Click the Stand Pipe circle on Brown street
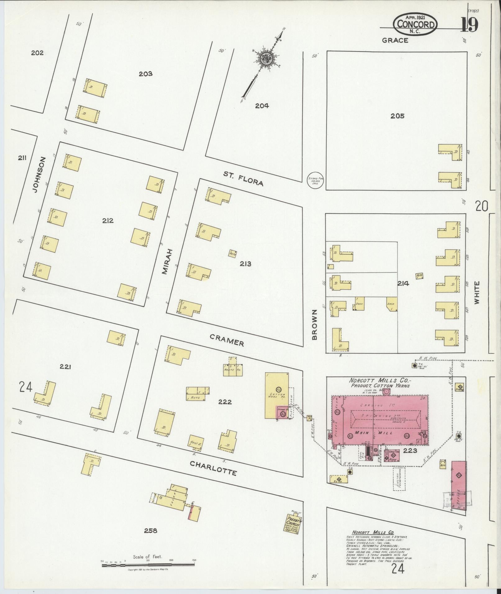click(x=316, y=181)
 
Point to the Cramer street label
click(x=227, y=340)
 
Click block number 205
click(x=397, y=116)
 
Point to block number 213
click(x=245, y=264)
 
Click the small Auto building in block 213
click(x=233, y=253)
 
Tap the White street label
click(x=477, y=292)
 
